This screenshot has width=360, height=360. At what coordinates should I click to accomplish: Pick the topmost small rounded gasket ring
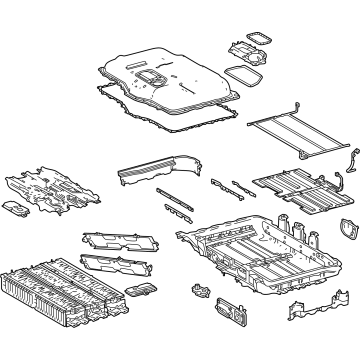[257, 38]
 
